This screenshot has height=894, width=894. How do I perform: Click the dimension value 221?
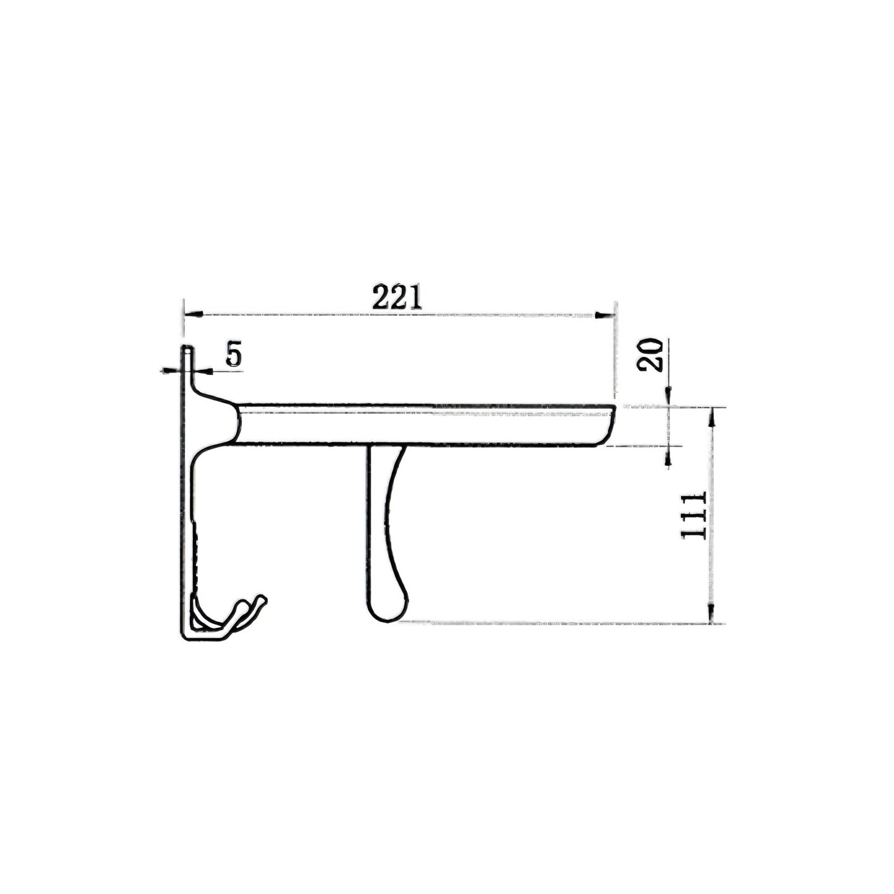(x=397, y=298)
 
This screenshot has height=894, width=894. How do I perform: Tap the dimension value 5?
(x=233, y=355)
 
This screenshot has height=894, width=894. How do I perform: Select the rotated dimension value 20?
(x=650, y=355)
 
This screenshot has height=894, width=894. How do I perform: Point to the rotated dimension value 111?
(x=694, y=516)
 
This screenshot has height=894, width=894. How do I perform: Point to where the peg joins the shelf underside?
(x=386, y=447)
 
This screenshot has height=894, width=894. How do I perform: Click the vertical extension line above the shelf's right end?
(x=615, y=353)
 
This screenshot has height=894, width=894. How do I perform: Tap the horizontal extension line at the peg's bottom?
(x=557, y=621)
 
